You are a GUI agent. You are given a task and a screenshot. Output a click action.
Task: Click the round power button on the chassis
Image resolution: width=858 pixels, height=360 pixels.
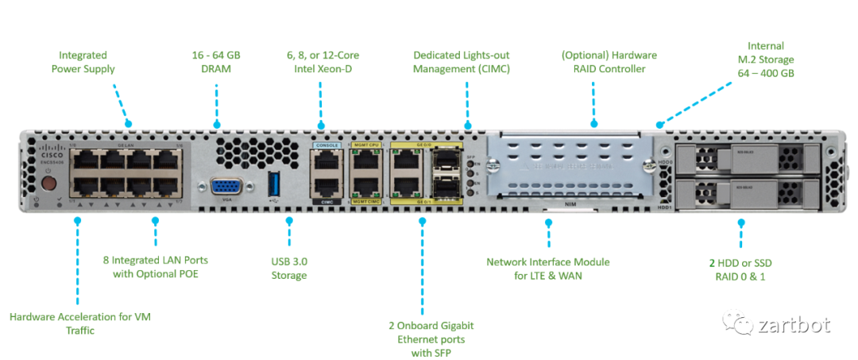pos(48,183)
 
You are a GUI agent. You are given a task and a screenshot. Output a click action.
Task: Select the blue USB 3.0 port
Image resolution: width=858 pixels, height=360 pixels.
pos(274,184)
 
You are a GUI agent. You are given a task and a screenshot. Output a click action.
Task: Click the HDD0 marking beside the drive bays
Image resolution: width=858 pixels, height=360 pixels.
pos(664,161)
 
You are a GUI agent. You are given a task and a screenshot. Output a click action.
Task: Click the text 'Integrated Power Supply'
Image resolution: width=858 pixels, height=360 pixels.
pos(83,62)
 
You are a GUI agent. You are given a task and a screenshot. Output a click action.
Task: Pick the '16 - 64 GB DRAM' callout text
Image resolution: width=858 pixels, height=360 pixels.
pos(215,62)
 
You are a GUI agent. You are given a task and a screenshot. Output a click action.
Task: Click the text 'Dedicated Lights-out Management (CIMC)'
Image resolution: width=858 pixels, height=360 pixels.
pos(461,62)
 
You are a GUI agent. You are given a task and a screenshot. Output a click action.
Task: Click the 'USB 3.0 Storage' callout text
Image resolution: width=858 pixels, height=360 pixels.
pos(288,268)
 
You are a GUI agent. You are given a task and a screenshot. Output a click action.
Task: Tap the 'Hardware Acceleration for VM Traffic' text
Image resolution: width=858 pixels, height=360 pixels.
pos(80,323)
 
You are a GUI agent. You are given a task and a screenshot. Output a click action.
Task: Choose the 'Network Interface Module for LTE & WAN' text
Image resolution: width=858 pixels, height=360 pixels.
pos(547,268)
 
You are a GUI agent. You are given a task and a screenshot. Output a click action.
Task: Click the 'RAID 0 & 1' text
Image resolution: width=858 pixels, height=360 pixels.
pos(741,277)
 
